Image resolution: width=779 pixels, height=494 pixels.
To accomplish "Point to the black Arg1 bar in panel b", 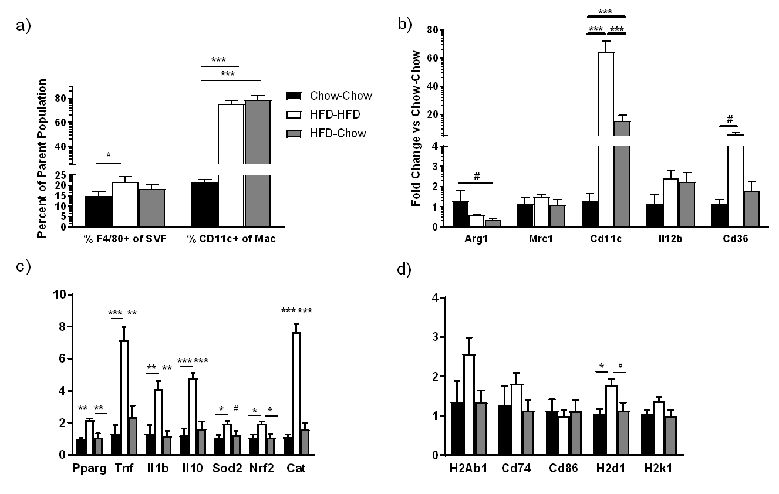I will [x=460, y=214].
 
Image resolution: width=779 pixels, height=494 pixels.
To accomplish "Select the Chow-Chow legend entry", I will [x=329, y=96].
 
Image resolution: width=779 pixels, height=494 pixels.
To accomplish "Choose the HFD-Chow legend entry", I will [x=329, y=133].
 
